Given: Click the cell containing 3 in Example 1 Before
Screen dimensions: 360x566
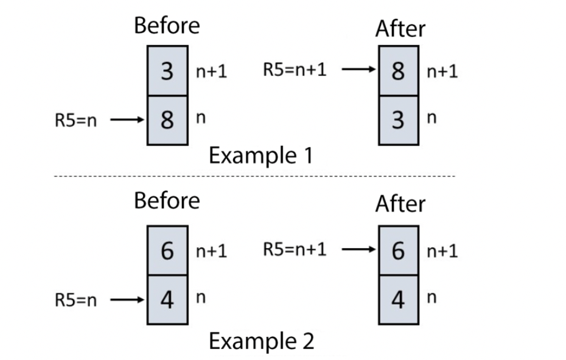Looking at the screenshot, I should click(167, 72).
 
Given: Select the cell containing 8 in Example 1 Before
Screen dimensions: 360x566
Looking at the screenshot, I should click(167, 119).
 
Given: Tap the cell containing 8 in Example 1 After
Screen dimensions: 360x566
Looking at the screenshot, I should click(398, 72).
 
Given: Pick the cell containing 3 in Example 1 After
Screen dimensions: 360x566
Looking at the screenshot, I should click(398, 119).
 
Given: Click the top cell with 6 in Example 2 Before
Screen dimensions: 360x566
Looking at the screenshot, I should click(167, 251).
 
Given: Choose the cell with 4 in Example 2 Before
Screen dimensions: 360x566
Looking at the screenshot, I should click(167, 299).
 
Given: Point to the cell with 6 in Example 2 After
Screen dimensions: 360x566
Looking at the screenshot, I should click(398, 251).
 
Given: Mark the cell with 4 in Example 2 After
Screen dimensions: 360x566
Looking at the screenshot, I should click(398, 299).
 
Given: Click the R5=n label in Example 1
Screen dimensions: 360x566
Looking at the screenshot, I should click(75, 120).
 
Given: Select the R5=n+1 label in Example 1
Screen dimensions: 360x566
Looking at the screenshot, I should click(295, 69).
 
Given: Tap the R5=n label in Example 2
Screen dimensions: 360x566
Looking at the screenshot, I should click(75, 300).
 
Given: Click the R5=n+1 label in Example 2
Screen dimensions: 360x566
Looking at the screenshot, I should click(295, 249).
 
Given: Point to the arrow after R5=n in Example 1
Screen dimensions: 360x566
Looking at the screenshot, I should click(128, 120).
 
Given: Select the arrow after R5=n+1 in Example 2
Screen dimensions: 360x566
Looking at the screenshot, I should click(359, 249).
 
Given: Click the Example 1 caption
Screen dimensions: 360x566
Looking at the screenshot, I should click(261, 156).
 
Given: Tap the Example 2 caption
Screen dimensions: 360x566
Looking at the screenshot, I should click(261, 341).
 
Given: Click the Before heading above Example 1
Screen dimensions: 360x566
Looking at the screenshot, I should click(167, 26).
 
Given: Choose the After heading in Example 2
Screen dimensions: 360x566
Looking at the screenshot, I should click(400, 204).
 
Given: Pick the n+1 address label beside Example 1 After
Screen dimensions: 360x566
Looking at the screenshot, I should click(441, 72).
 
